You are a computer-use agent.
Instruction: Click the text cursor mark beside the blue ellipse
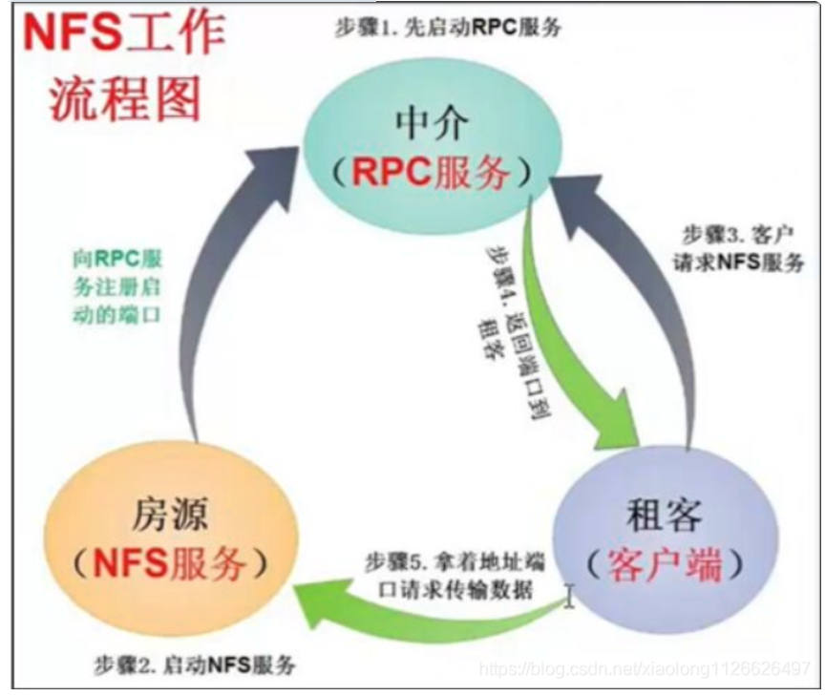[570, 597]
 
